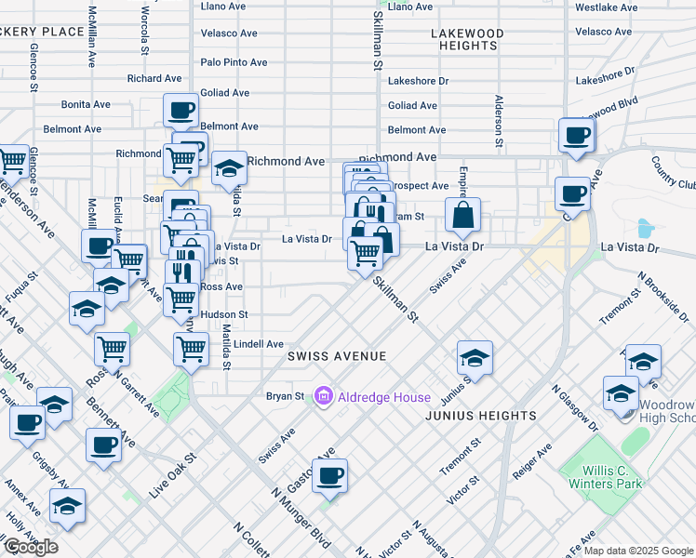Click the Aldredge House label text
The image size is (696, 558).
pyautogui.click(x=384, y=397)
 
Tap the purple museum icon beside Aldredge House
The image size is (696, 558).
pyautogui.click(x=324, y=397)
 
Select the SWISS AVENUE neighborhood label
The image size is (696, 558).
pyautogui.click(x=336, y=356)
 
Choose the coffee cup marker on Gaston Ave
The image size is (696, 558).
pyautogui.click(x=329, y=477)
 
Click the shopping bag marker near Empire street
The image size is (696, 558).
pyautogui.click(x=462, y=216)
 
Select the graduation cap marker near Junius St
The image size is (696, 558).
pyautogui.click(x=475, y=359)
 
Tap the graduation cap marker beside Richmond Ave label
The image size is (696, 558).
pyautogui.click(x=229, y=169)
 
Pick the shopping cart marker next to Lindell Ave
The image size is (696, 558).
pyautogui.click(x=191, y=350)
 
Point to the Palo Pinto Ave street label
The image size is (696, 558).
pyautogui.click(x=234, y=62)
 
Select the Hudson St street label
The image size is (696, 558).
pyautogui.click(x=223, y=314)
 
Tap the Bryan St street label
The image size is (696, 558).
pyautogui.click(x=286, y=396)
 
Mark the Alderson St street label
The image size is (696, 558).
pyautogui.click(x=499, y=121)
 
